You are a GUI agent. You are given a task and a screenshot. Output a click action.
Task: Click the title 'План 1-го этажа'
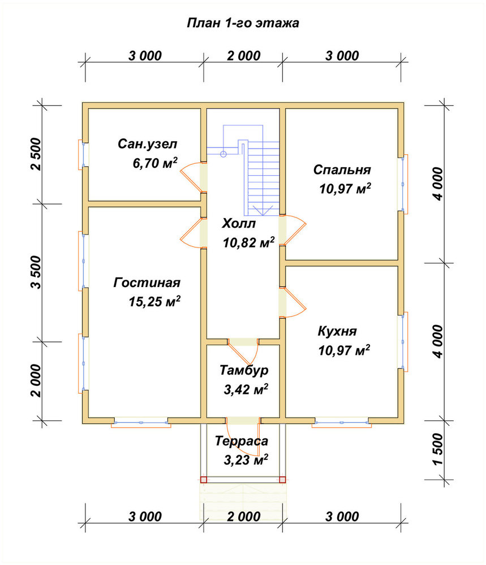243,23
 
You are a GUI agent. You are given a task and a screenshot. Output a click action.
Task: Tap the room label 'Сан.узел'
147,144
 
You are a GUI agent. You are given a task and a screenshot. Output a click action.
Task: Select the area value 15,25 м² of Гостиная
154,301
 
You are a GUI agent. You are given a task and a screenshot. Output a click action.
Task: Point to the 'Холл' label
239,223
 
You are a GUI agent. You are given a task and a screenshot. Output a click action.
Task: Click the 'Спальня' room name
342,169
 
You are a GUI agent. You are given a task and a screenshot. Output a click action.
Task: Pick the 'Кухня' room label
337,331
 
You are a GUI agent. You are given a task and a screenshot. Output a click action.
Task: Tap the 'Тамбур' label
244,371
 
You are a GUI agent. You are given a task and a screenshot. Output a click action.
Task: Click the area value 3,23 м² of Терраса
246,460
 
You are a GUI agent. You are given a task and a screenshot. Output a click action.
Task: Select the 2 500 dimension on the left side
36,154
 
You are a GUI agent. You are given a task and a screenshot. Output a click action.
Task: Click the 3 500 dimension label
36,272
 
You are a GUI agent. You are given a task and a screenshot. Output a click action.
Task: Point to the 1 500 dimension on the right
437,449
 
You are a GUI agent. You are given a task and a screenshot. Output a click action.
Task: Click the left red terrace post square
204,480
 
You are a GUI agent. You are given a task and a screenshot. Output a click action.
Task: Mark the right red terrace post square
282,480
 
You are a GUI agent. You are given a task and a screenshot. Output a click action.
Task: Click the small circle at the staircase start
223,154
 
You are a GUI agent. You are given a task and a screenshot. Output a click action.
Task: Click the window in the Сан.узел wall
83,154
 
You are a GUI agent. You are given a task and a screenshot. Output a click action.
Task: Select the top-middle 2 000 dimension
243,56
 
